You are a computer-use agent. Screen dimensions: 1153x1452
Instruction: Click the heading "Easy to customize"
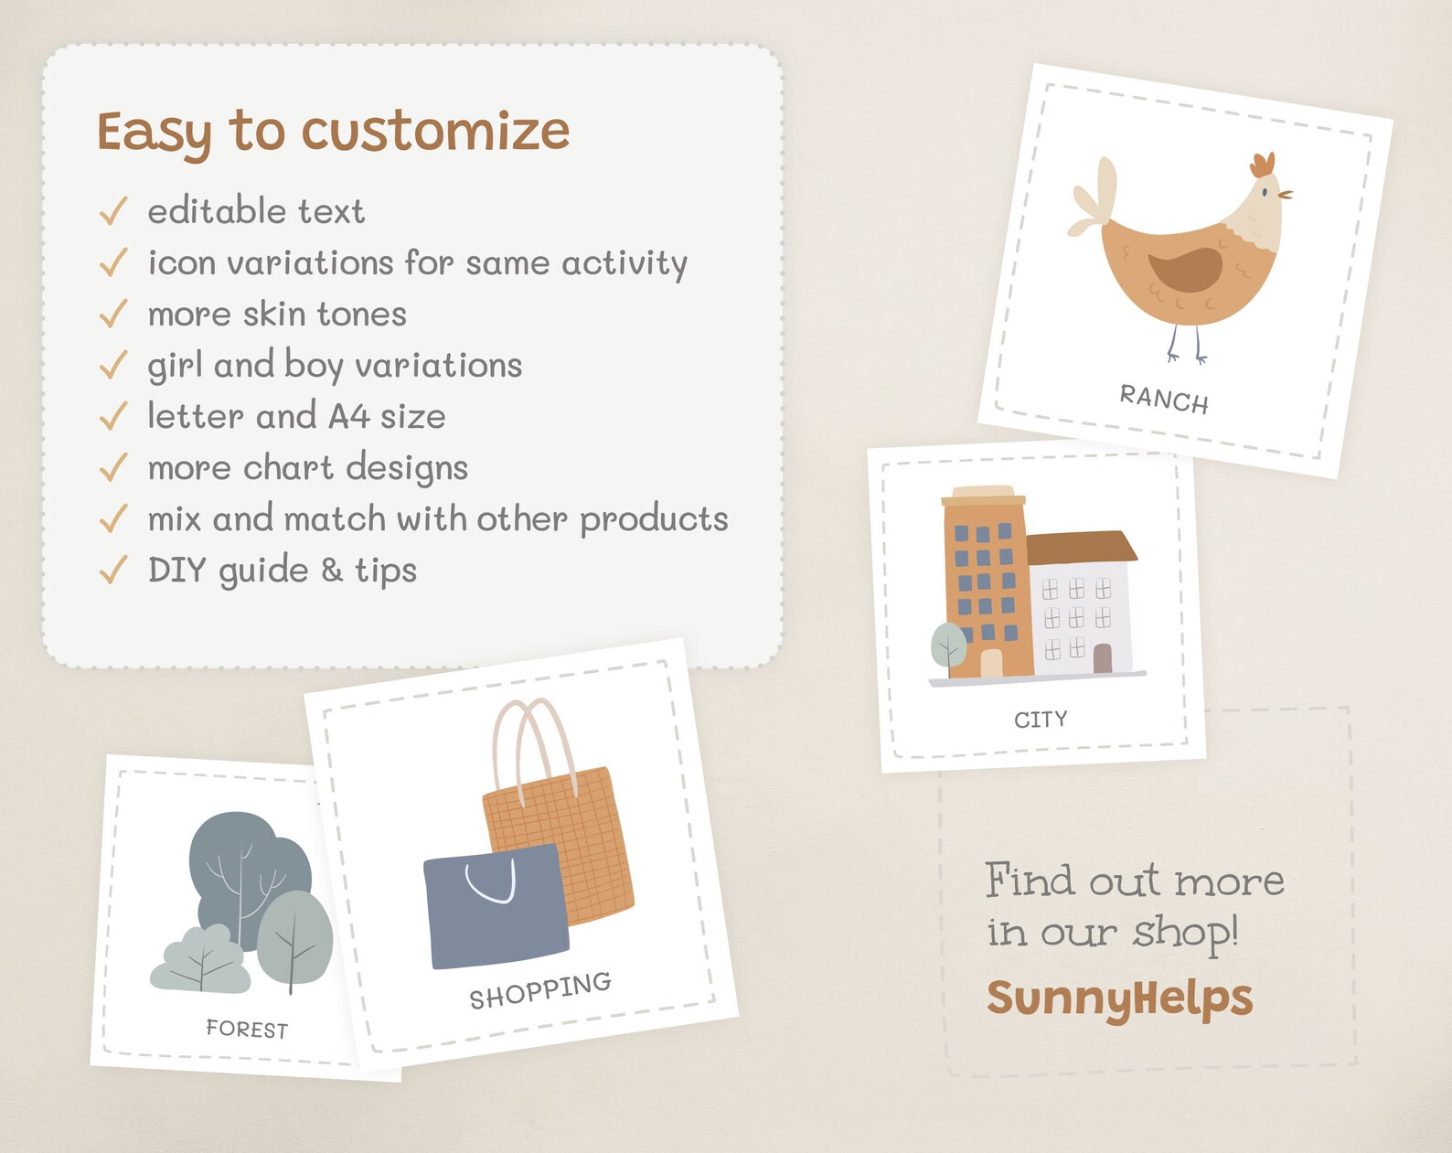[x=334, y=131]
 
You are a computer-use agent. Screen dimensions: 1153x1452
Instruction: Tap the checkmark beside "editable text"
[x=112, y=211]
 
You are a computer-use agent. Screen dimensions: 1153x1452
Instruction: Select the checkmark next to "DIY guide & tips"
[x=112, y=570]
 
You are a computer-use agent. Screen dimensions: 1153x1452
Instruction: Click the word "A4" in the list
[x=348, y=417]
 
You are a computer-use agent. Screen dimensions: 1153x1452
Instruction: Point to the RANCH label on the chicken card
[x=1164, y=399]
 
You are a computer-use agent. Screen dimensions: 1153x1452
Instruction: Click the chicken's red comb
[x=1263, y=165]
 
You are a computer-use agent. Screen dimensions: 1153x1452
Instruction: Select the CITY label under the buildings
[x=1041, y=720]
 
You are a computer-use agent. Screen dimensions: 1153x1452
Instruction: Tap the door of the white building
[x=1103, y=658]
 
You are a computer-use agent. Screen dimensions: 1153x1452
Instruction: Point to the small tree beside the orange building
[x=948, y=645]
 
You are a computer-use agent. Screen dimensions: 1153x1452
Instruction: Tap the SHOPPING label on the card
[x=539, y=991]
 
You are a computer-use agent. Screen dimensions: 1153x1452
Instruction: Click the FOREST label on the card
[x=247, y=1029]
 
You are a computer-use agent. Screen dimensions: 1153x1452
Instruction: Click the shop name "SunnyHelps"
[x=1119, y=998]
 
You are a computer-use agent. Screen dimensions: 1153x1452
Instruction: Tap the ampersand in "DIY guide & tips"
[x=332, y=570]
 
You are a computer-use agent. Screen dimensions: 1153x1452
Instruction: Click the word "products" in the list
[x=654, y=519]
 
